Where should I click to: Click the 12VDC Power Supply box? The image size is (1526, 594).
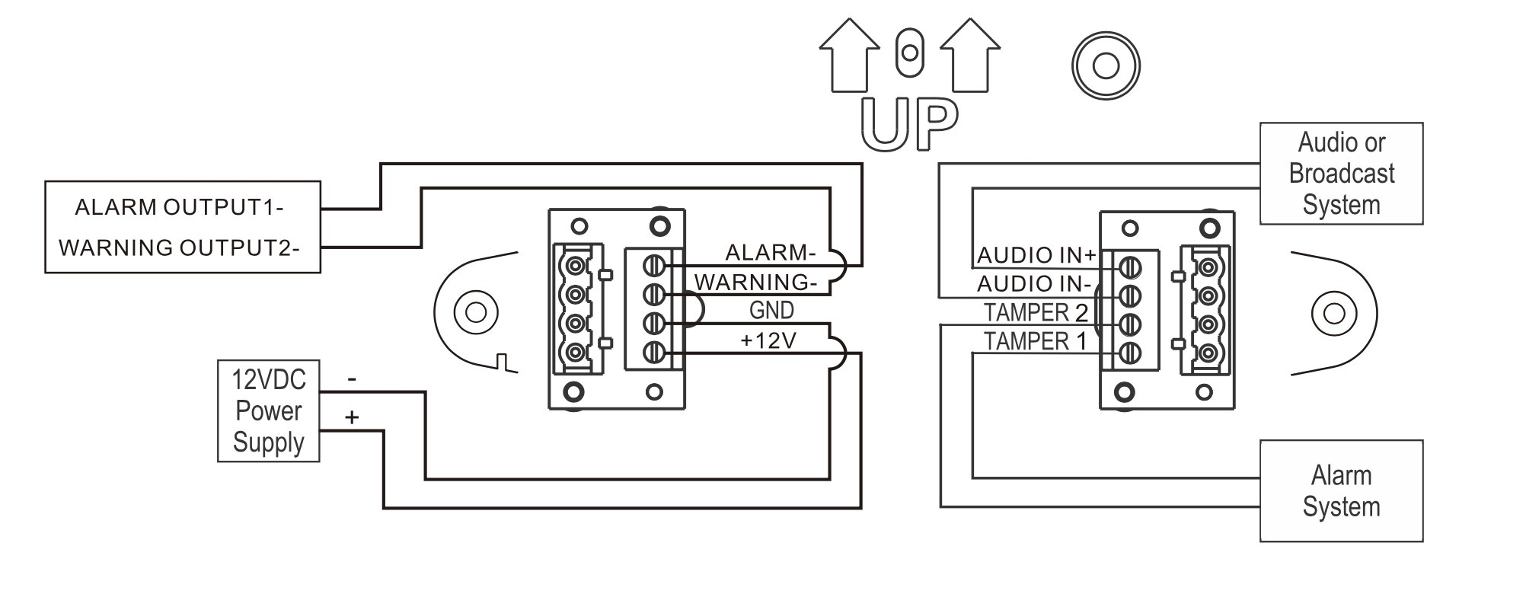click(268, 410)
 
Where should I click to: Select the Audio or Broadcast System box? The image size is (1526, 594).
click(1341, 174)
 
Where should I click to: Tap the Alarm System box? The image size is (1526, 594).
click(1341, 491)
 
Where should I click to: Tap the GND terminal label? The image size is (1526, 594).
click(771, 311)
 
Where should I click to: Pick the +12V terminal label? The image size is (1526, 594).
click(768, 340)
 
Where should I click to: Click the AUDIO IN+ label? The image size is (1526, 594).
click(1036, 255)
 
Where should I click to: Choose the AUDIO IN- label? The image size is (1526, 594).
click(1034, 284)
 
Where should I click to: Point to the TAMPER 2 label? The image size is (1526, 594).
click(1036, 312)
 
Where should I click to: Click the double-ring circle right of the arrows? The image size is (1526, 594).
click(1105, 65)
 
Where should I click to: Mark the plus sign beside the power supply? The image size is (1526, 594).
click(351, 417)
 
